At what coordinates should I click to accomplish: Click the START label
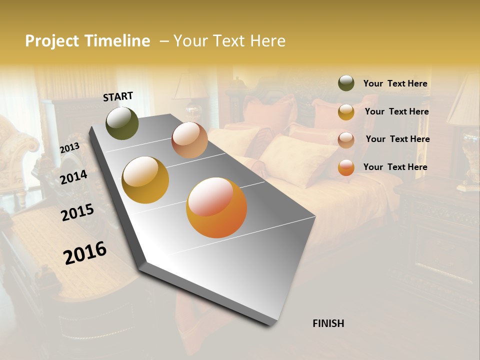click(x=118, y=96)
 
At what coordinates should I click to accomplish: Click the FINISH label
click(x=328, y=323)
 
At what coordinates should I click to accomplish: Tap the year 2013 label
click(x=69, y=148)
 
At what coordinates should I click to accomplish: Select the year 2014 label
click(x=74, y=177)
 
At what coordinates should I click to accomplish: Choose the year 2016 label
click(x=85, y=253)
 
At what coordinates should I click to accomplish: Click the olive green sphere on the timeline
click(x=122, y=123)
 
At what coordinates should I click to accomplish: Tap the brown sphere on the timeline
click(x=189, y=140)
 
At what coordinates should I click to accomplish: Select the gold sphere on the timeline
click(x=145, y=180)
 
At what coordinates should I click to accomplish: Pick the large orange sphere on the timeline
click(x=216, y=207)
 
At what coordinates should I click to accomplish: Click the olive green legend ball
click(x=346, y=83)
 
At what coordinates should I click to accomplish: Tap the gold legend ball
click(x=346, y=112)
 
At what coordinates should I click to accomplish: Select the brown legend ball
click(x=346, y=139)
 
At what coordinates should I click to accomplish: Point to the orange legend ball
click(x=346, y=167)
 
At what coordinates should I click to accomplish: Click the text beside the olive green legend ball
click(x=395, y=83)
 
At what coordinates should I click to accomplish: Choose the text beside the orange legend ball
click(x=395, y=167)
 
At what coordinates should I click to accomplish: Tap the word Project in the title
click(x=52, y=41)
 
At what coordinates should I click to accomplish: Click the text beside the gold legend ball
click(x=396, y=111)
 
